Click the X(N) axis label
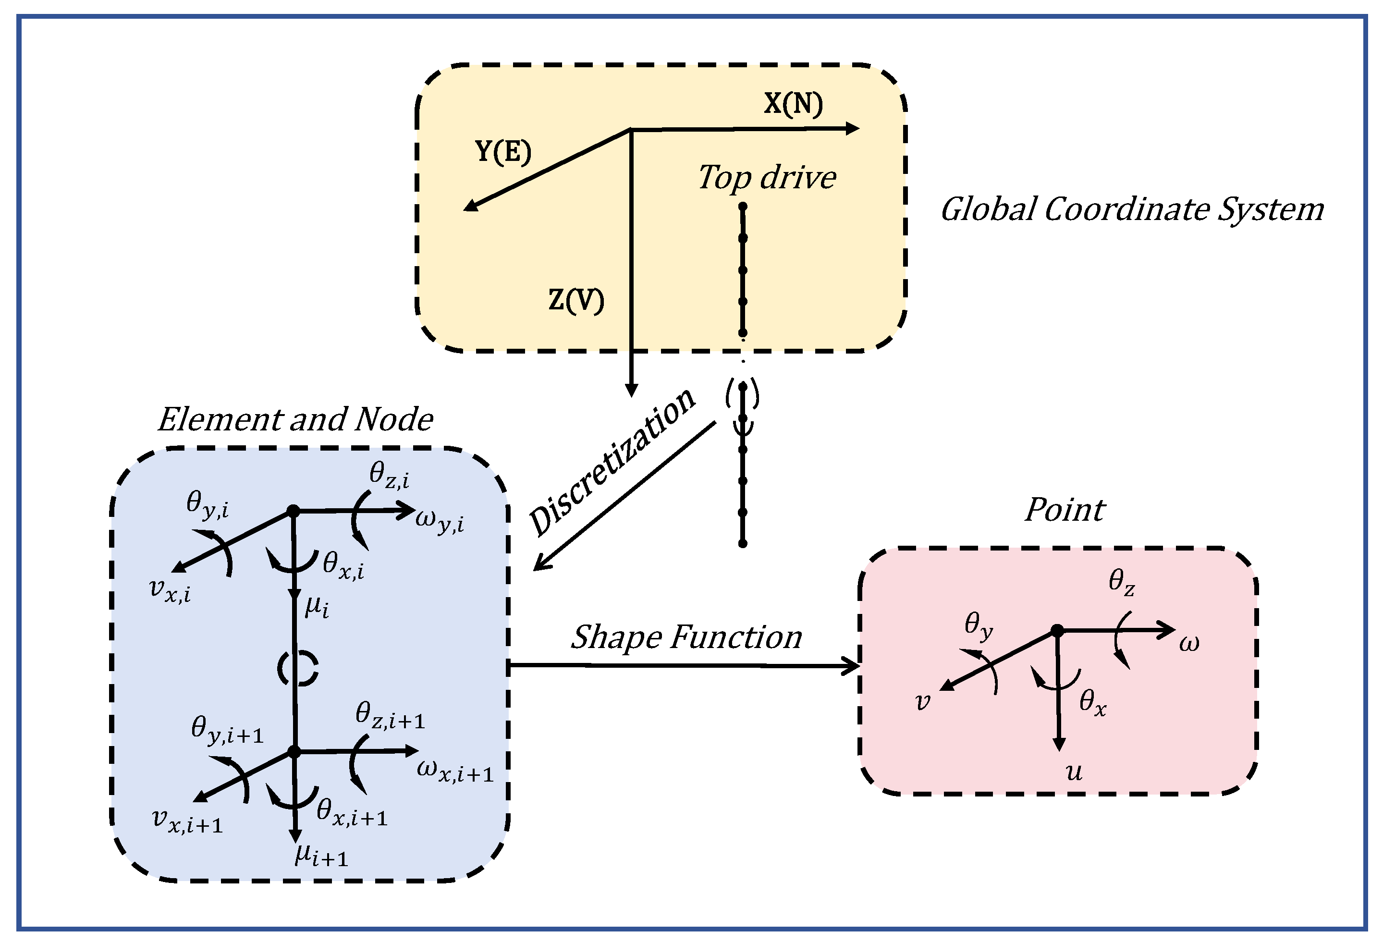pyautogui.click(x=793, y=104)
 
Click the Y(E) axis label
pyautogui.click(x=503, y=152)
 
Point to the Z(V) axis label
pyautogui.click(x=576, y=300)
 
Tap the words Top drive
pyautogui.click(x=767, y=178)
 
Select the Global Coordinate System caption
pyautogui.click(x=1132, y=209)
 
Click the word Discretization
pyautogui.click(x=613, y=461)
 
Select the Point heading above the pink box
pyautogui.click(x=1065, y=510)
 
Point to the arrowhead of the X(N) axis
pyautogui.click(x=854, y=128)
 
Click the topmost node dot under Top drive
pyautogui.click(x=743, y=207)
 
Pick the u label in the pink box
pyautogui.click(x=1074, y=772)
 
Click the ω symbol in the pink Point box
pyautogui.click(x=1189, y=644)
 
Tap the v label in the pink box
pyautogui.click(x=922, y=701)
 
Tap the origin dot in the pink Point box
pyautogui.click(x=1057, y=631)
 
